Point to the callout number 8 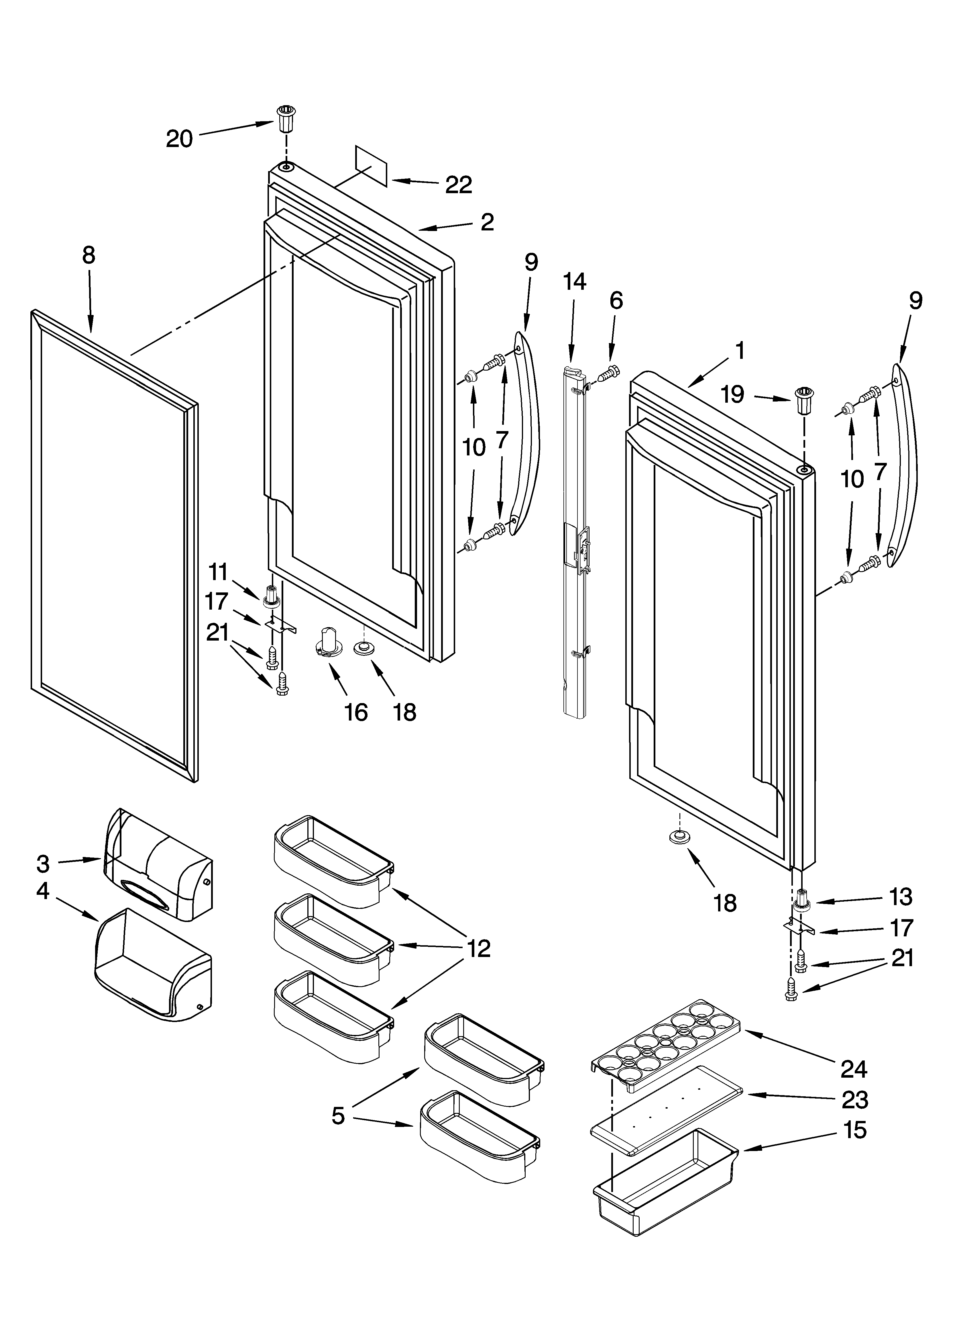(88, 255)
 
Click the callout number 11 (219, 572)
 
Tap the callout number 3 (43, 864)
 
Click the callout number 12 (478, 949)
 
